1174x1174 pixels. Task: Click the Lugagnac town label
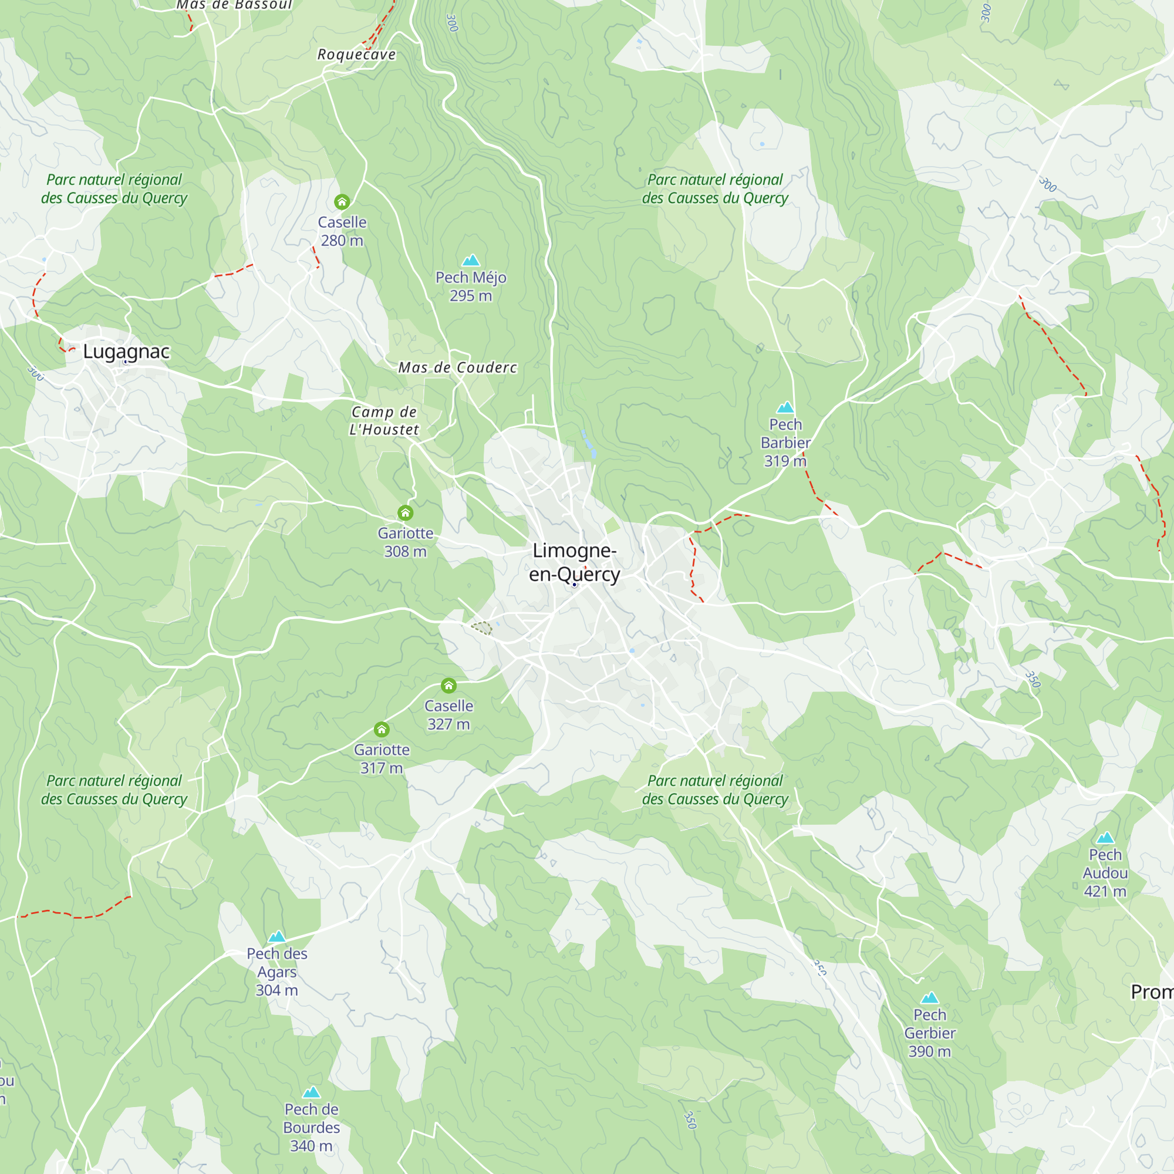pyautogui.click(x=126, y=351)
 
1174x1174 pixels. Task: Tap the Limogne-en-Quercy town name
pyautogui.click(x=574, y=562)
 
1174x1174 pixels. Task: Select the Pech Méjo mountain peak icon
pyautogui.click(x=471, y=261)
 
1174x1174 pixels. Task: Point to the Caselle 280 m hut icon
pyautogui.click(x=342, y=201)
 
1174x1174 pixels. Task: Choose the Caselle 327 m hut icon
pyautogui.click(x=448, y=686)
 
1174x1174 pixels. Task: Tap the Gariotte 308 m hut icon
pyautogui.click(x=405, y=513)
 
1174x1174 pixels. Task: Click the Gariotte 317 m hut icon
pyautogui.click(x=381, y=729)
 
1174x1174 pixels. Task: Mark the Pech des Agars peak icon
pyautogui.click(x=276, y=936)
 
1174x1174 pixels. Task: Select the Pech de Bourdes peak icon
pyautogui.click(x=311, y=1092)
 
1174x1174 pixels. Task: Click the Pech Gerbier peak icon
pyautogui.click(x=930, y=998)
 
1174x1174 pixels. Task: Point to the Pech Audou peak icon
pyautogui.click(x=1105, y=838)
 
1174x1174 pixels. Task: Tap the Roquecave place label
pyautogui.click(x=357, y=55)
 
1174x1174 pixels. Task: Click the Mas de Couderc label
pyautogui.click(x=458, y=367)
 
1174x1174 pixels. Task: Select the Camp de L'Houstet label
pyautogui.click(x=384, y=420)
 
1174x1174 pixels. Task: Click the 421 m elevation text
pyautogui.click(x=1105, y=892)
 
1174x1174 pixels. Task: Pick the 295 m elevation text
pyautogui.click(x=470, y=296)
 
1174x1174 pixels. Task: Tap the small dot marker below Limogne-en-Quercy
pyautogui.click(x=574, y=585)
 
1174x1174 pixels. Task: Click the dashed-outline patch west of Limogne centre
pyautogui.click(x=481, y=628)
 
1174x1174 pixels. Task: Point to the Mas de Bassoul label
pyautogui.click(x=235, y=5)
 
